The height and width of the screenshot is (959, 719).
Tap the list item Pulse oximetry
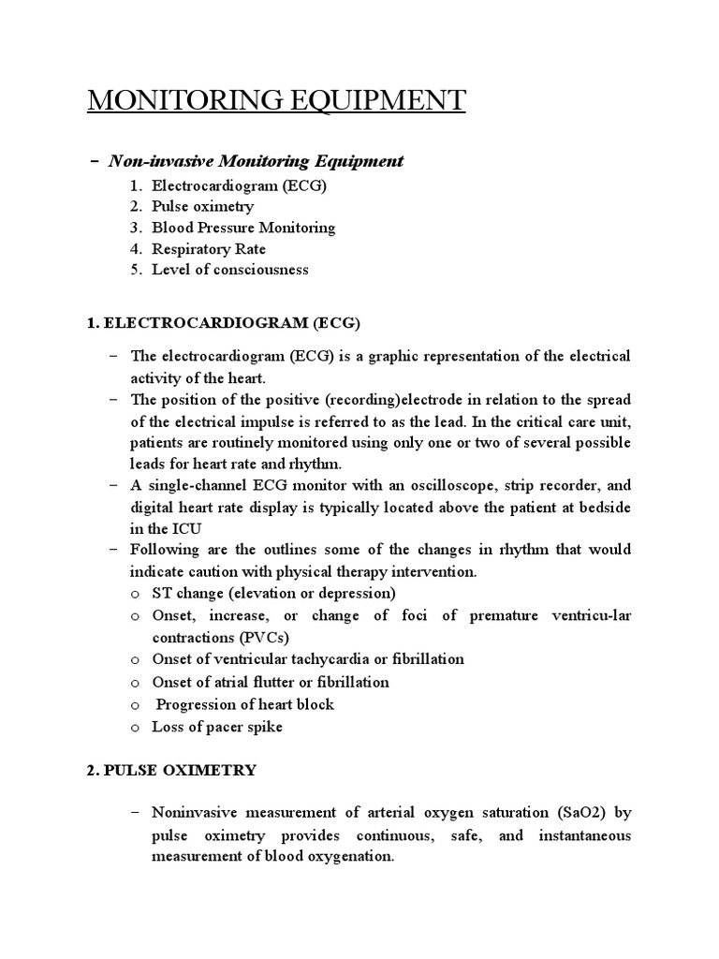pos(202,206)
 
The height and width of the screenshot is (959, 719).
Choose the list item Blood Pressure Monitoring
pos(243,228)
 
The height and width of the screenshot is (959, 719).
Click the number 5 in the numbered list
pos(135,271)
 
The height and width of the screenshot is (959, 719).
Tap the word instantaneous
pos(584,834)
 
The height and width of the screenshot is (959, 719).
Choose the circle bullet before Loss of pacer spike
pos(136,727)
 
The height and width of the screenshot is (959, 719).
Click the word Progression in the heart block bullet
pos(198,703)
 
